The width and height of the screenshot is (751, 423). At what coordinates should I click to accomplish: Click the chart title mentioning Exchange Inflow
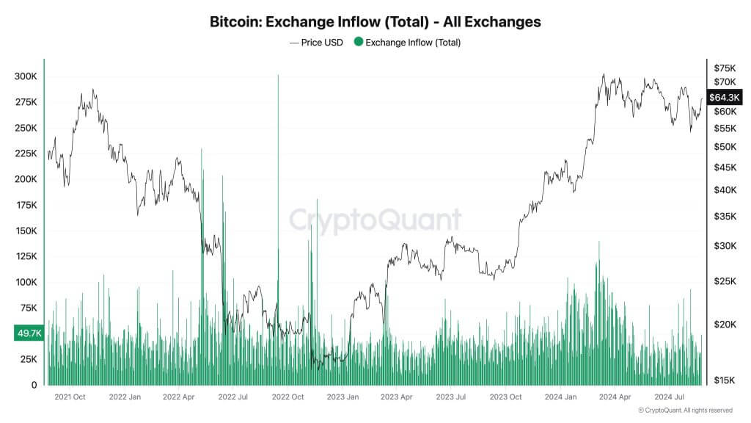(375, 22)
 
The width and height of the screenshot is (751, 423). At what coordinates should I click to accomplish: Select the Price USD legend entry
(316, 43)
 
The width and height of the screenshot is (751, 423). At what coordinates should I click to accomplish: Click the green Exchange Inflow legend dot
(358, 43)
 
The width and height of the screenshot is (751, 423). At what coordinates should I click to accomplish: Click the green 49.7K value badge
(29, 333)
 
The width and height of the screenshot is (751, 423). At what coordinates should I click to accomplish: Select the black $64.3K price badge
(722, 97)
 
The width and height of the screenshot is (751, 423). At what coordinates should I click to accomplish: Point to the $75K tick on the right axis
(725, 68)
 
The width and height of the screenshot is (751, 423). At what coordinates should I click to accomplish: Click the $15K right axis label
(725, 379)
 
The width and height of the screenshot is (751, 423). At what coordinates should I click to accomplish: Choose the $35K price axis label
(725, 217)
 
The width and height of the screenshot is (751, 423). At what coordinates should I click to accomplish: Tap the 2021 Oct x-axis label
(70, 397)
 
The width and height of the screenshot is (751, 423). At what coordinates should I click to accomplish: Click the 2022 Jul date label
(233, 397)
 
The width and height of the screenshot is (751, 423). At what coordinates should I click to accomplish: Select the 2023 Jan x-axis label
(342, 397)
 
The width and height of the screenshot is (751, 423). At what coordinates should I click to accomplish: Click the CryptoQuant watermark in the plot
(375, 220)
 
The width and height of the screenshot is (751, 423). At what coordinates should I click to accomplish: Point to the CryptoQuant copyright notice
(685, 410)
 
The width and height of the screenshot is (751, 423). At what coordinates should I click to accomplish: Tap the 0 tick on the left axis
(33, 385)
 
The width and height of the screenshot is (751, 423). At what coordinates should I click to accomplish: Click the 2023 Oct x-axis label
(505, 397)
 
